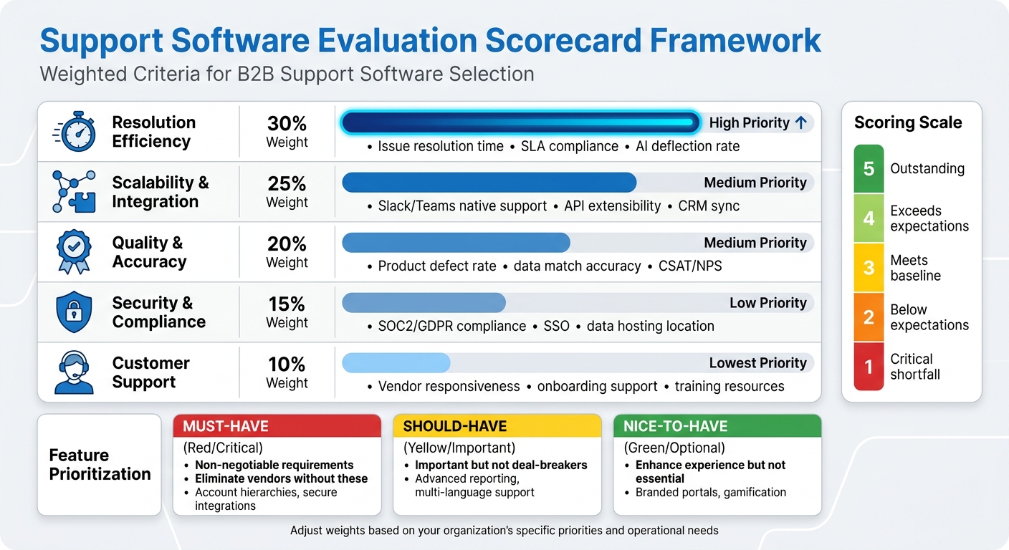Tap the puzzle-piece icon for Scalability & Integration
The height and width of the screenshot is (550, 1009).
[74, 192]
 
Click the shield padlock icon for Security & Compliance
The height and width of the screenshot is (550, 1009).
[74, 312]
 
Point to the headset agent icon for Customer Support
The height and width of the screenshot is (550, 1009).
[74, 372]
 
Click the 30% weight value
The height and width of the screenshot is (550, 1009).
[287, 123]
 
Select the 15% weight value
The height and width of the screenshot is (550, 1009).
[287, 304]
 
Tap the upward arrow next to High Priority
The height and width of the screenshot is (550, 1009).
[801, 122]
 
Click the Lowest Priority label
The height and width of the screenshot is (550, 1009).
[757, 363]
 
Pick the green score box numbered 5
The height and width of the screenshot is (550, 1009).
[869, 169]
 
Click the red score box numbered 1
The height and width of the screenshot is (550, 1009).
[869, 367]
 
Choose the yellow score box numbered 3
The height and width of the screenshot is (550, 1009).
[869, 268]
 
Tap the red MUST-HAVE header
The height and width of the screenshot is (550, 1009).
[277, 426]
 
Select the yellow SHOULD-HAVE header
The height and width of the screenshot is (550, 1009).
[497, 426]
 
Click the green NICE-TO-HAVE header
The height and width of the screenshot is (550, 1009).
[717, 426]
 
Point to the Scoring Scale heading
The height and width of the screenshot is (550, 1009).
[907, 122]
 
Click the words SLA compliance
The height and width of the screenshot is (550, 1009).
[569, 146]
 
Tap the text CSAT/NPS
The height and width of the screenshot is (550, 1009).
[689, 266]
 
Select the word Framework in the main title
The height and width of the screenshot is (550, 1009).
[735, 42]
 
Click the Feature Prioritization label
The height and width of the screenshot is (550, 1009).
[100, 465]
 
